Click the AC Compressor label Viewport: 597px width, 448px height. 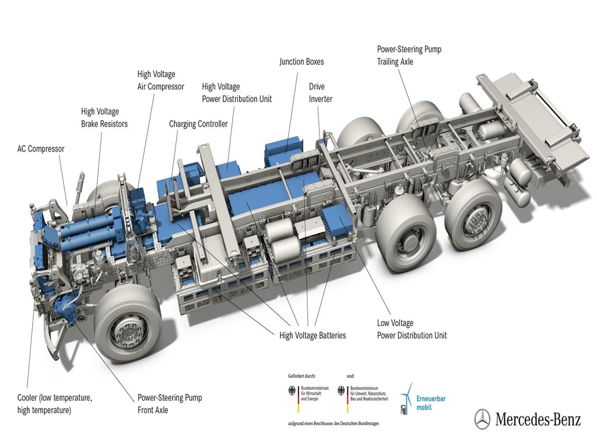(41, 149)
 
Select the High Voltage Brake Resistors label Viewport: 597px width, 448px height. (104, 117)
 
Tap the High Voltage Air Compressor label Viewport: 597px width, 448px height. (160, 80)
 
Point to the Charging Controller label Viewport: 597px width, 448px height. (198, 124)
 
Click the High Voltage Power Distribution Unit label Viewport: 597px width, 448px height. (237, 93)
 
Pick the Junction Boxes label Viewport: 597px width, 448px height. (301, 61)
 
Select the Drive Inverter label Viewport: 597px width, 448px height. (321, 93)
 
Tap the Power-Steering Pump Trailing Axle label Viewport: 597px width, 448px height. (409, 55)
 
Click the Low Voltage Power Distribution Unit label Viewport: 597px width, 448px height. (412, 329)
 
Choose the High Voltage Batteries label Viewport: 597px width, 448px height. (312, 335)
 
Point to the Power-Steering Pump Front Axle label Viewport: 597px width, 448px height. (170, 404)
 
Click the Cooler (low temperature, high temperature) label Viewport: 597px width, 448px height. (55, 404)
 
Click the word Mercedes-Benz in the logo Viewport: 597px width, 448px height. (538, 419)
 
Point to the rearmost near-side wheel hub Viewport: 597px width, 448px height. (473, 218)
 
